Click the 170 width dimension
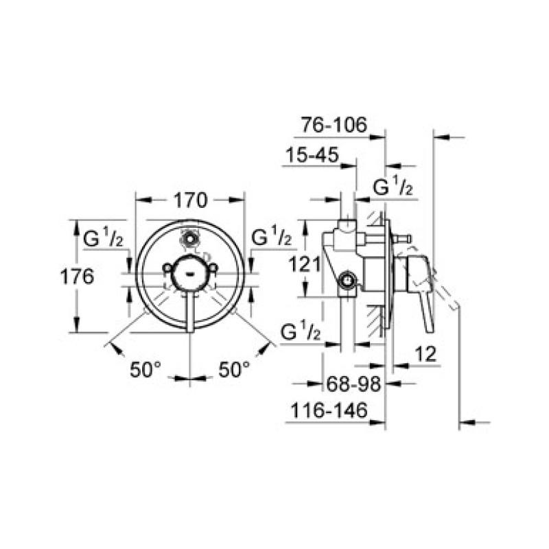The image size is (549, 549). [x=191, y=200]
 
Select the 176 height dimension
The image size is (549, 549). [x=78, y=277]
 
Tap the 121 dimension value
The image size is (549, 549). [x=304, y=264]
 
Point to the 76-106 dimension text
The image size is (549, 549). [x=334, y=125]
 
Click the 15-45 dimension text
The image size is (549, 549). [x=313, y=155]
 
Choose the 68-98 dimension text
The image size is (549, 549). [x=353, y=384]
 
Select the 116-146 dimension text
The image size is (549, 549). [x=329, y=410]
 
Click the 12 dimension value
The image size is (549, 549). [x=426, y=354]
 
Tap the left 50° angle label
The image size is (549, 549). [x=145, y=369]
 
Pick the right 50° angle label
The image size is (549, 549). [x=235, y=369]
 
